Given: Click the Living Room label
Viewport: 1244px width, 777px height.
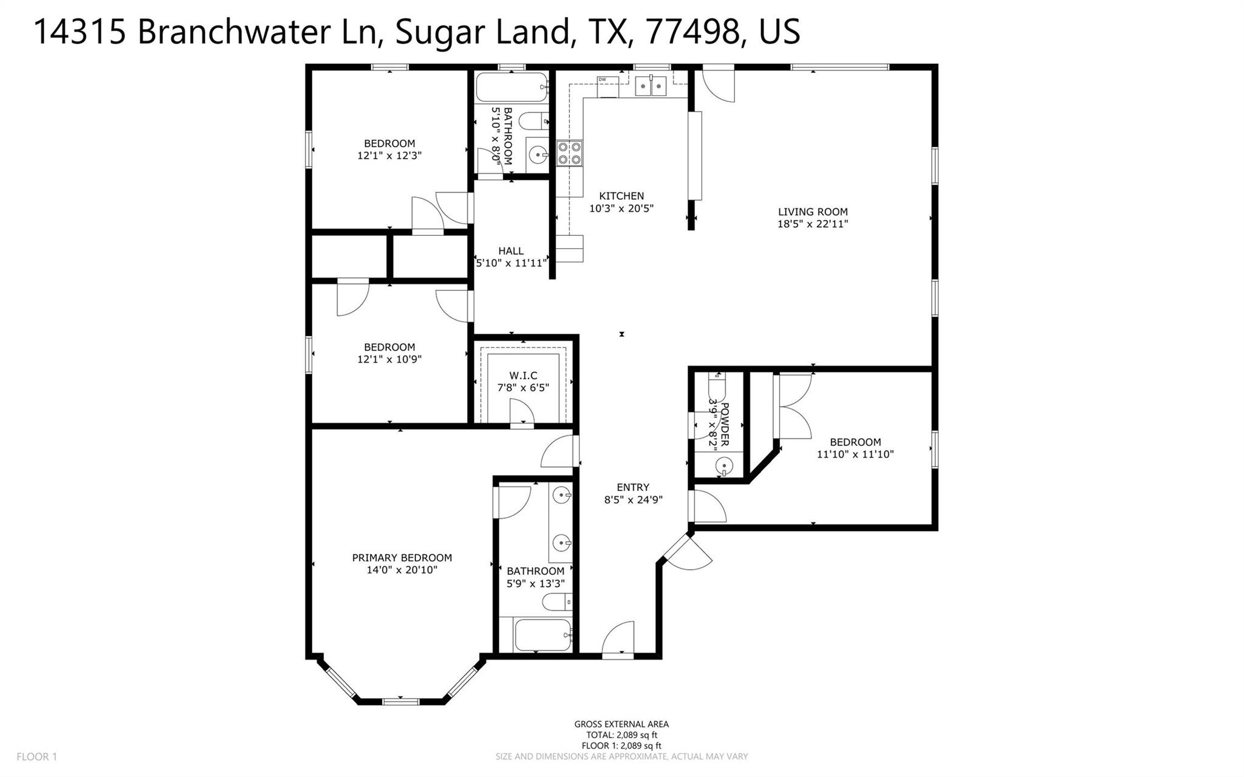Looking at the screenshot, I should tap(813, 212).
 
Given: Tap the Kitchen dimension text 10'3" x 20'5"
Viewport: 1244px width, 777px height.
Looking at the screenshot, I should tap(621, 208).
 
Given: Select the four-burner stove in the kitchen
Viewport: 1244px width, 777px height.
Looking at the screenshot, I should tap(569, 152).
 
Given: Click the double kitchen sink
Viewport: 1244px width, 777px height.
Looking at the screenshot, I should tap(651, 86).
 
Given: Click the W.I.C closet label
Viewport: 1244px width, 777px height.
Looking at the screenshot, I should tap(523, 376).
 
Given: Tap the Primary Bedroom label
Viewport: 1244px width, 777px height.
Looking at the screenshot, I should tap(402, 558).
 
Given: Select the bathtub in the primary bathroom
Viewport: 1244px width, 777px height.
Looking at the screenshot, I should tap(542, 635).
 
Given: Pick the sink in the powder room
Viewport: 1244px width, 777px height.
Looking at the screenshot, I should tap(723, 467).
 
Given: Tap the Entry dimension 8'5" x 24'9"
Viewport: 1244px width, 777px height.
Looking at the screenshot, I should tap(633, 500).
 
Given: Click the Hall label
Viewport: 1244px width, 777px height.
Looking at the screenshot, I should tap(510, 251).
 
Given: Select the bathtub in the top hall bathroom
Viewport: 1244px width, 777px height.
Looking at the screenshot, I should tap(511, 87).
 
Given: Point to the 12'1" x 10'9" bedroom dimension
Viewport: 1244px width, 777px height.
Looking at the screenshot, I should tap(389, 359).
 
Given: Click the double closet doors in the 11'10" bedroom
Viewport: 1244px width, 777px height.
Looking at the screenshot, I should tap(793, 406).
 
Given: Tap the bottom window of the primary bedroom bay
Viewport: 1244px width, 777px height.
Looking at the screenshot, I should tap(401, 701).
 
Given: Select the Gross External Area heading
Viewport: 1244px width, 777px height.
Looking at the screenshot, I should tap(621, 724).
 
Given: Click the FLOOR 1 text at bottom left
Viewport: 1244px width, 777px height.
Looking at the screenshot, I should tap(36, 757).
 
